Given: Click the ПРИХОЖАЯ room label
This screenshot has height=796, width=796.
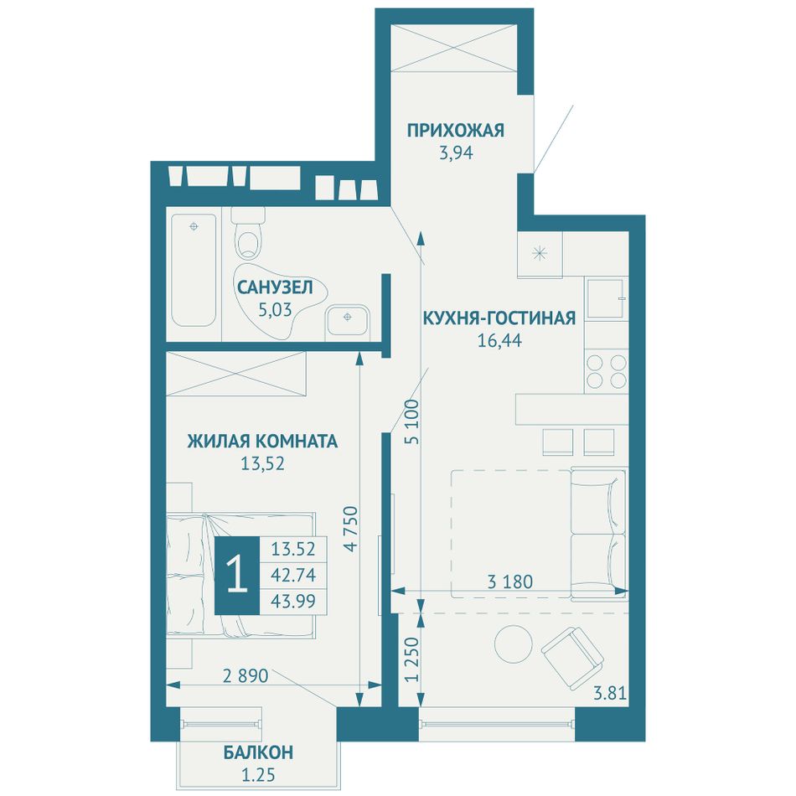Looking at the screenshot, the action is point(455,131).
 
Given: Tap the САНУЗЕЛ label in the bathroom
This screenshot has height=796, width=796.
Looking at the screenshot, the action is point(275,287).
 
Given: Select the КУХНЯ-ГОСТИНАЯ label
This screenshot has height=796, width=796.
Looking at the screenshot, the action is point(499,318).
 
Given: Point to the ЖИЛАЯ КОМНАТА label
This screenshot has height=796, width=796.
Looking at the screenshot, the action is point(262,441).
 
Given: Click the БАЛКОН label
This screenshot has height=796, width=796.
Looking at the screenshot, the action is point(258,752).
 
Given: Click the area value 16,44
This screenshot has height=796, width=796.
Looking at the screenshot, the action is point(499,340).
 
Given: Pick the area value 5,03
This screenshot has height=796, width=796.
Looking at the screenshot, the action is point(275,309).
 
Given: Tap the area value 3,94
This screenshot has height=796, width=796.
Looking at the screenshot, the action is point(456,152).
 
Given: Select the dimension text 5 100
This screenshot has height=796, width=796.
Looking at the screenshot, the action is point(413,422).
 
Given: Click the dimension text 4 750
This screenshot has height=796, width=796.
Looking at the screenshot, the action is point(351,529).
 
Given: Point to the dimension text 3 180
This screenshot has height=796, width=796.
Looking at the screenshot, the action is point(510,581).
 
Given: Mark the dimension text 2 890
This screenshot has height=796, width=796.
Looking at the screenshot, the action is point(246,675).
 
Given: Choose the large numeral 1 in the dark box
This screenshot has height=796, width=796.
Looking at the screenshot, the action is point(237,575).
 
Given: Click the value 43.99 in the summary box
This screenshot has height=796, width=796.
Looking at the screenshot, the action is point(293,601).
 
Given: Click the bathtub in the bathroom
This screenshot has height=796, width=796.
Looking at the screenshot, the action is point(194,270).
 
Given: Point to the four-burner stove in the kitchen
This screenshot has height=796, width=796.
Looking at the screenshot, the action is point(607,371).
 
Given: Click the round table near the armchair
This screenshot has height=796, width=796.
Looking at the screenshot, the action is point(514,644).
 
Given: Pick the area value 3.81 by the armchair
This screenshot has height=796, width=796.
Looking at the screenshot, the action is point(610,693).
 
